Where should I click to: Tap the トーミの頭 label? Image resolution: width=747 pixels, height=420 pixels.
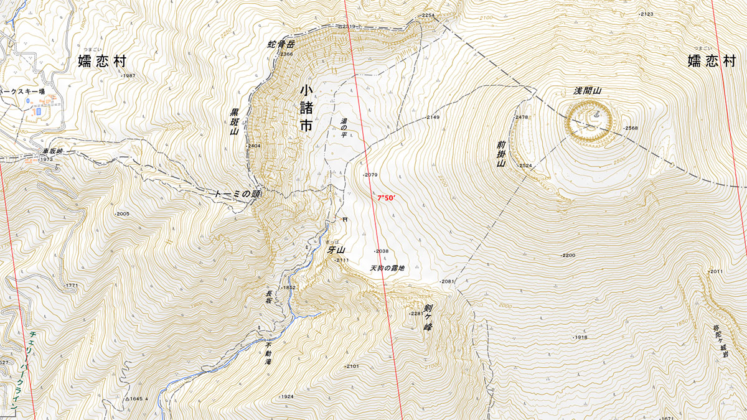coord(238,194)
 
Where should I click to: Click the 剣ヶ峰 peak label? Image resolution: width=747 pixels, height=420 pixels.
coord(428,317)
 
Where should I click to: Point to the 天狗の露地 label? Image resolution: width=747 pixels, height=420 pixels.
coord(387,268)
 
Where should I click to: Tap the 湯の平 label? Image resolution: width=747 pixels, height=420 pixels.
coord(343,128)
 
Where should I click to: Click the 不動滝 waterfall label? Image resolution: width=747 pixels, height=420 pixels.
coord(269,353)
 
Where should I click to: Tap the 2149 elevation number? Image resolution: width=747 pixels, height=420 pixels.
coord(433,118)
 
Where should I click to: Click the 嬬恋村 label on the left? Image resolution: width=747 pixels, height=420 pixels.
coord(102,60)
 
